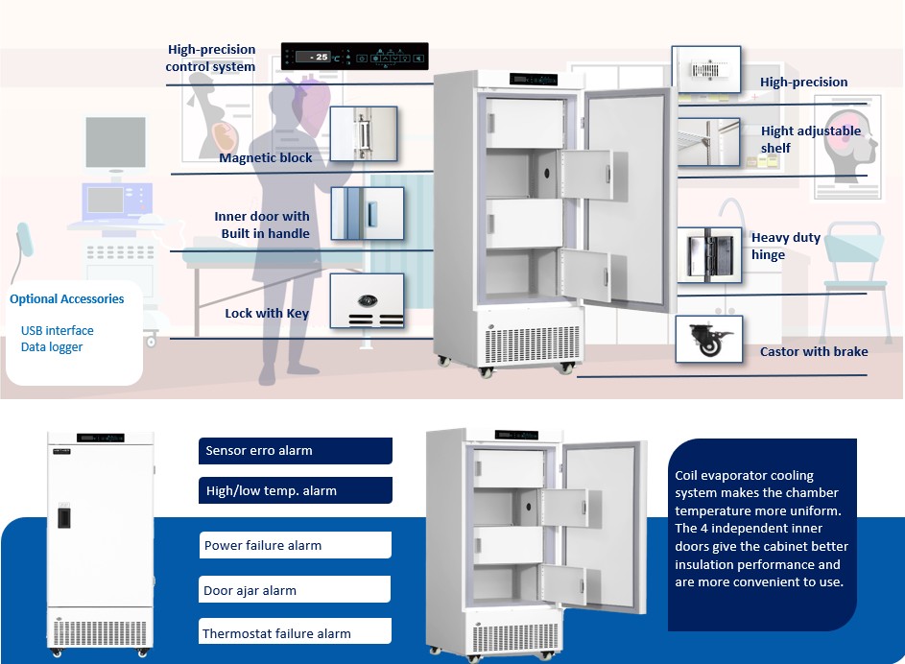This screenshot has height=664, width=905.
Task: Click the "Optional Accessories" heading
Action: (67, 299)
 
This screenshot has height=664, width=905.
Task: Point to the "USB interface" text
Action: (58, 331)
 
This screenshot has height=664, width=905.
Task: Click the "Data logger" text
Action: (52, 347)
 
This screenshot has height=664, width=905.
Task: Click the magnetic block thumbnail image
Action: (364, 133)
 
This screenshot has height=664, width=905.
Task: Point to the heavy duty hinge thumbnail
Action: (708, 254)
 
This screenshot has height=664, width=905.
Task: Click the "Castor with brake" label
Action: (814, 352)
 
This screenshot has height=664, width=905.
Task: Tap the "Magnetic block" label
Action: (266, 158)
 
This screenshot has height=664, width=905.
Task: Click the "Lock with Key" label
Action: (267, 314)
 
